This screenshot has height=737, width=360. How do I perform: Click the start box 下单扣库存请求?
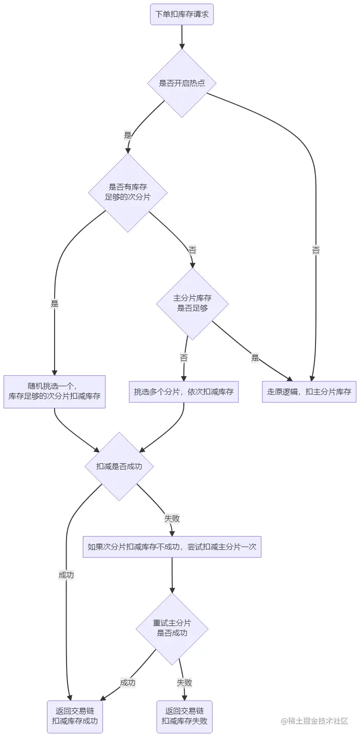[182, 14]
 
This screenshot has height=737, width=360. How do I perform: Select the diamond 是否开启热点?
[182, 83]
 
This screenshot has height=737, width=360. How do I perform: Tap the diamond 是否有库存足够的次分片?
[128, 192]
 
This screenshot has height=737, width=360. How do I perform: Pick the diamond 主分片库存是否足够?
[192, 303]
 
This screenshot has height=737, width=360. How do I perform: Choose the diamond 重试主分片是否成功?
[172, 628]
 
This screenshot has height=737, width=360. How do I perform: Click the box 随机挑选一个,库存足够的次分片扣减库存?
[55, 391]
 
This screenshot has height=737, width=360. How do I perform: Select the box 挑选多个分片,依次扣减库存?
[184, 391]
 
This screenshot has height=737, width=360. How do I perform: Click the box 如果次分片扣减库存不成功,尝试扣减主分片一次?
[172, 547]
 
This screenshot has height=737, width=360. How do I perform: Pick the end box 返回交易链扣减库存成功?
[75, 716]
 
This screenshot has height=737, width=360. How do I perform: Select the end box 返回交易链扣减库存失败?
[184, 716]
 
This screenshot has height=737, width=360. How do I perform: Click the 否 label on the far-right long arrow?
[316, 250]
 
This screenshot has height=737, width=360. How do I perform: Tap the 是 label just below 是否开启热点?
[127, 135]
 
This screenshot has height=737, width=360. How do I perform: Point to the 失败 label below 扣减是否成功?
[172, 518]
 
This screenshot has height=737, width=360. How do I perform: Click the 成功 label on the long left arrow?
[66, 575]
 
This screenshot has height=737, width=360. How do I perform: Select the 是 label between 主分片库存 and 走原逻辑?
[255, 357]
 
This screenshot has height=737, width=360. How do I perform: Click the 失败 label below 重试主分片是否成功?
[184, 683]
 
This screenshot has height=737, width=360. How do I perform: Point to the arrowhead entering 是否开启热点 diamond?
[182, 46]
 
